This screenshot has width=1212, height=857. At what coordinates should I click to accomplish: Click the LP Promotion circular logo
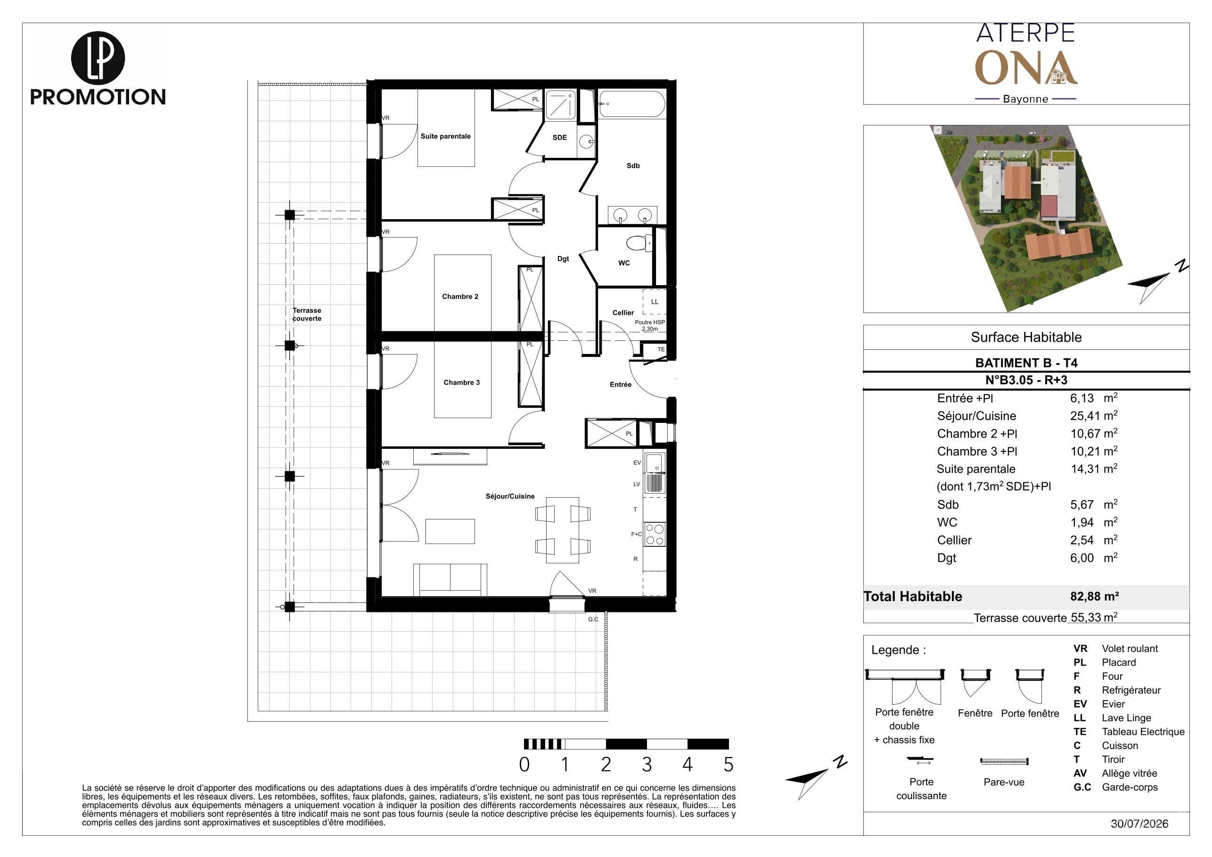[98, 58]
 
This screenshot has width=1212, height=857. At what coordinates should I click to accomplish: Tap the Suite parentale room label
[445, 136]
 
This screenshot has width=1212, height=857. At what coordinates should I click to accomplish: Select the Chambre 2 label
[460, 297]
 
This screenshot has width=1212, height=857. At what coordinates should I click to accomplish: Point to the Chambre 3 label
[461, 383]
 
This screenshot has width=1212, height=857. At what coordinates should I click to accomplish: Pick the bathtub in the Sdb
[631, 104]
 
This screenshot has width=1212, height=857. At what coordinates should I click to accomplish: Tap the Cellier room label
[623, 313]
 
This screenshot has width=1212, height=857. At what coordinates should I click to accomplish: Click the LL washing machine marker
[655, 302]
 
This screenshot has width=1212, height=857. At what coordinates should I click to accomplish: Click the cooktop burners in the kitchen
[655, 534]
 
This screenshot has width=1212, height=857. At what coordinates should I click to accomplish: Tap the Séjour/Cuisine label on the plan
[510, 496]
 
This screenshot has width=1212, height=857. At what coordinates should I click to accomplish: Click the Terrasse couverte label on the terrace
[307, 315]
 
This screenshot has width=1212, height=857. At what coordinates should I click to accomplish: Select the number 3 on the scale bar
[647, 765]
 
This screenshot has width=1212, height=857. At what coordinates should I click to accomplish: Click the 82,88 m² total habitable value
[1094, 596]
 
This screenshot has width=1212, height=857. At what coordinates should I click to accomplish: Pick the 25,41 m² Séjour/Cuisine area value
[1094, 416]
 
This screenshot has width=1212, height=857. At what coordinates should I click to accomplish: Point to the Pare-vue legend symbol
[1004, 761]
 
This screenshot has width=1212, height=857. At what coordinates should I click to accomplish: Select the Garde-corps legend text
[1130, 787]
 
